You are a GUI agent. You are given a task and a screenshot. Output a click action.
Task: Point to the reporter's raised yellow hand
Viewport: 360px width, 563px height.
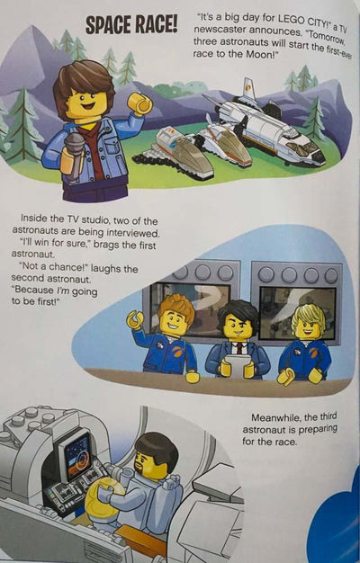point(139,103)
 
